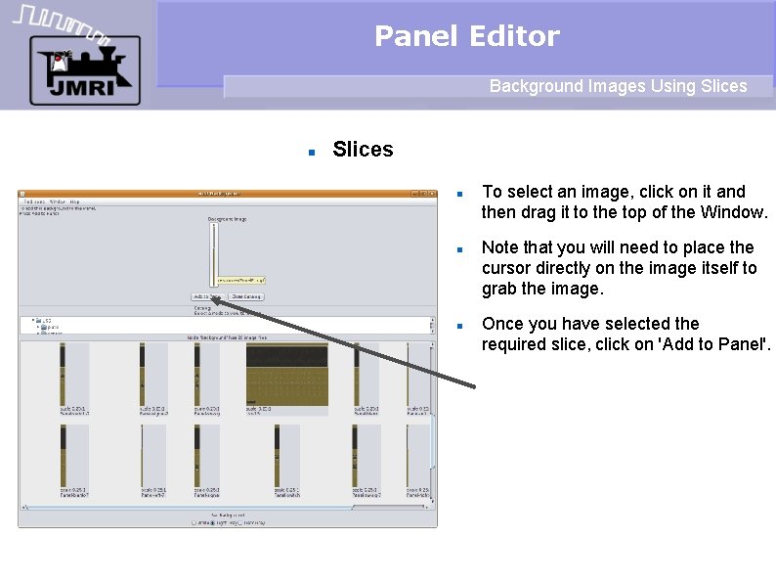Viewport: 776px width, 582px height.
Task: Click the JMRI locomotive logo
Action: pyautogui.click(x=84, y=69)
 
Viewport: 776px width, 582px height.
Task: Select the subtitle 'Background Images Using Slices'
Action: pyautogui.click(x=618, y=86)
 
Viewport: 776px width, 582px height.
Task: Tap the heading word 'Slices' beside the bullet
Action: pyautogui.click(x=363, y=150)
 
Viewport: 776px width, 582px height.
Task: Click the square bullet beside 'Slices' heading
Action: pyautogui.click(x=311, y=152)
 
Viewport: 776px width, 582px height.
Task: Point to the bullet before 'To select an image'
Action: pyautogui.click(x=457, y=193)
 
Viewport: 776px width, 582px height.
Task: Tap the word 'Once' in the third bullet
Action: pyautogui.click(x=502, y=324)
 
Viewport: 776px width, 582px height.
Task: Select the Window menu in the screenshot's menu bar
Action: pyautogui.click(x=57, y=201)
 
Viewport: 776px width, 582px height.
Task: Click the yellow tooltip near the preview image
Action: pyautogui.click(x=240, y=280)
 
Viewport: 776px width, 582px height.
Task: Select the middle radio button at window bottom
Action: pyautogui.click(x=214, y=522)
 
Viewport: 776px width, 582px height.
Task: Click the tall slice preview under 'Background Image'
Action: pyautogui.click(x=212, y=254)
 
